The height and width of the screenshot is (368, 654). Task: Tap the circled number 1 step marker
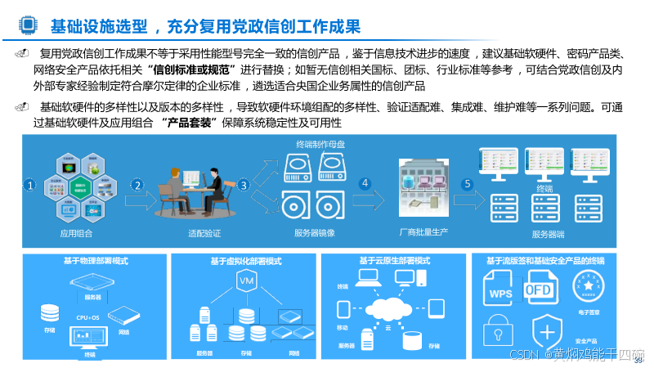pos(29,186)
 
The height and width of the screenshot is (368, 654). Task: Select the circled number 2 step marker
pos(138,186)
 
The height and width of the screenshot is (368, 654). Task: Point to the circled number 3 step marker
pos(243,186)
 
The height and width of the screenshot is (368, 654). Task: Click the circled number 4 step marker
pos(365,184)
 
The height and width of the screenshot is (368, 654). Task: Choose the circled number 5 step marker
pos(467,184)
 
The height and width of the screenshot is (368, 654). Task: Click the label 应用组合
pos(77,233)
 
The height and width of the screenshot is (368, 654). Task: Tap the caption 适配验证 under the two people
pos(205,233)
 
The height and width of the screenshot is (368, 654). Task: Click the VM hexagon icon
pos(245,281)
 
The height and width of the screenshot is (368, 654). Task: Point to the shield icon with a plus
pos(544,332)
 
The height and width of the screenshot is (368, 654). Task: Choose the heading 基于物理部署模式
pos(95,261)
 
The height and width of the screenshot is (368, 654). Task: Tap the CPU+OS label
pos(88,317)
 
